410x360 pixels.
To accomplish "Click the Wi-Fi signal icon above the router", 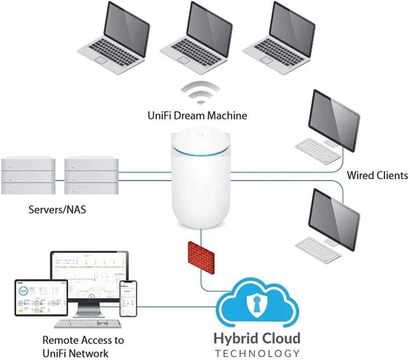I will tap(201, 93).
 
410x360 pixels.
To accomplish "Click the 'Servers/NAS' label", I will tap(57, 209).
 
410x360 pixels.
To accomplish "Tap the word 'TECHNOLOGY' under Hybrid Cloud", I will tap(257, 353).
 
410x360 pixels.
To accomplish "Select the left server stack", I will tap(29, 175).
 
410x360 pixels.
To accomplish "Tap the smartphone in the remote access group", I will tap(128, 298).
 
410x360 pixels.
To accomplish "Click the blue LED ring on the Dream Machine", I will tap(201, 150).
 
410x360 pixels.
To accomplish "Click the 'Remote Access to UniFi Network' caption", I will tap(83, 346).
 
